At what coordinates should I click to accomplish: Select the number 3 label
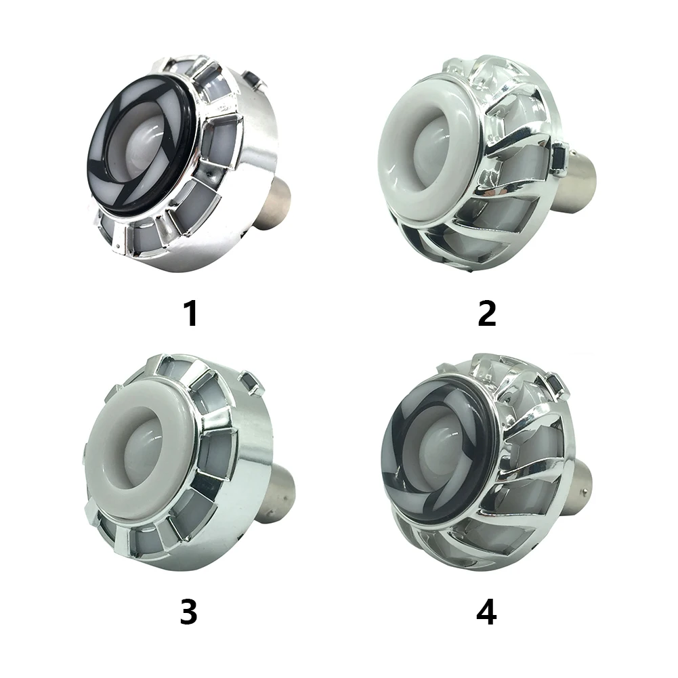(189, 612)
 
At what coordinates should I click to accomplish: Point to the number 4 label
(486, 612)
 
